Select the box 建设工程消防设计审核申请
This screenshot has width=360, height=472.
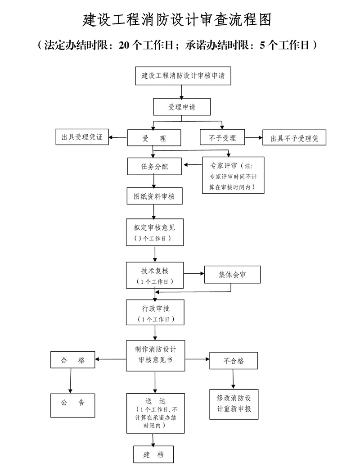pyautogui.click(x=183, y=76)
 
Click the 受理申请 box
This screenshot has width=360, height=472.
pyautogui.click(x=181, y=107)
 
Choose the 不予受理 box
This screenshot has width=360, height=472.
pyautogui.click(x=223, y=138)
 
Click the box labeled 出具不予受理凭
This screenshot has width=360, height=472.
pyautogui.click(x=294, y=138)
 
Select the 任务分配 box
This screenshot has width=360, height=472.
pyautogui.click(x=154, y=166)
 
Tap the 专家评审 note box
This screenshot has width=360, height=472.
pyautogui.click(x=233, y=175)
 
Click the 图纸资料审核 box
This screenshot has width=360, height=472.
pyautogui.click(x=154, y=196)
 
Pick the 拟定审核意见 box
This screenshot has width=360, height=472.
pyautogui.click(x=154, y=231)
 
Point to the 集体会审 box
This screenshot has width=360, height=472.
pyautogui.click(x=232, y=274)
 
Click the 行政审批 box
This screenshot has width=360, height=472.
pyautogui.click(x=154, y=313)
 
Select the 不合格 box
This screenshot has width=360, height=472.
pyautogui.click(x=234, y=361)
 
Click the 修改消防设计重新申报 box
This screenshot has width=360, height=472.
pyautogui.click(x=234, y=404)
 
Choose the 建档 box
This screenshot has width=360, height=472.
pyautogui.click(x=153, y=454)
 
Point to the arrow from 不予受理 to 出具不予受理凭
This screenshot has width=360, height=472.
pyautogui.click(x=254, y=138)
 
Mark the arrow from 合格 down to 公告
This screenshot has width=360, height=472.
pyautogui.click(x=71, y=380)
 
